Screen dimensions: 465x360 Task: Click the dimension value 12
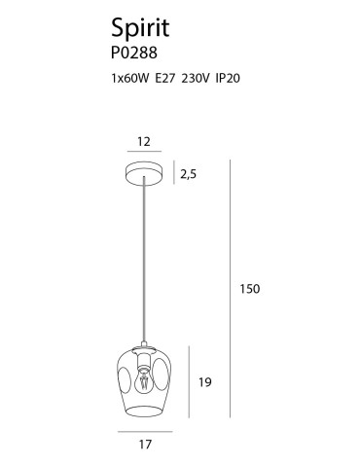click(145, 142)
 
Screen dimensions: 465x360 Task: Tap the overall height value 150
click(251, 289)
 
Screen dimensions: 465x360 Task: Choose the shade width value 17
click(145, 447)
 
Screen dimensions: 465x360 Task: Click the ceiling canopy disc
click(145, 175)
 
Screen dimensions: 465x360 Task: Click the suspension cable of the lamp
click(145, 263)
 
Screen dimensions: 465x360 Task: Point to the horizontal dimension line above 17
click(145, 430)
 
